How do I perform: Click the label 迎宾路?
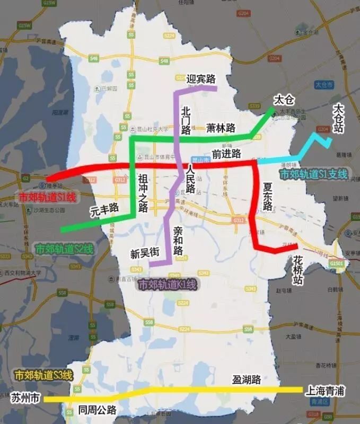click(201, 79)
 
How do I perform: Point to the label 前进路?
click(226, 154)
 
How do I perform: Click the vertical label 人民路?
click(190, 180)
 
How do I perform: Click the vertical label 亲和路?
click(178, 241)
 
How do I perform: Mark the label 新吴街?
click(145, 253)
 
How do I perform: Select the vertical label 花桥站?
click(298, 271)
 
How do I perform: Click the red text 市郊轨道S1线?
click(47, 197)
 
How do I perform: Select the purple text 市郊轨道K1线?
click(167, 285)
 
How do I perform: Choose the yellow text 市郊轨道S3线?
click(43, 375)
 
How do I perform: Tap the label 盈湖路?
click(247, 379)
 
